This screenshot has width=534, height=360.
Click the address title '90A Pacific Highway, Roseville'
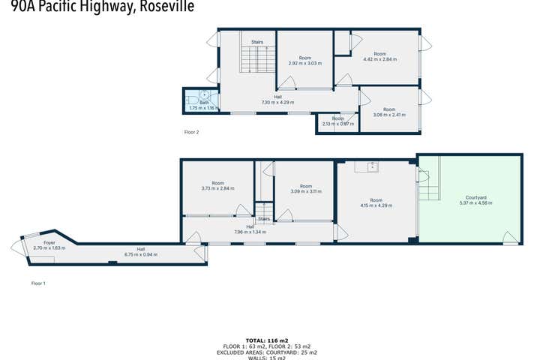[x=97, y=7]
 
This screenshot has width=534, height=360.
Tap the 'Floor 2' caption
[x=192, y=132]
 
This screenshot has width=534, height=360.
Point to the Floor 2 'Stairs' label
[x=257, y=43]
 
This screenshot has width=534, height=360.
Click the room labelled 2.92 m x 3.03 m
[x=304, y=61]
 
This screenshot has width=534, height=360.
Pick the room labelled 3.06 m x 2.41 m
[x=389, y=112]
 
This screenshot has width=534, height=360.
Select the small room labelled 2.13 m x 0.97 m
[x=338, y=121]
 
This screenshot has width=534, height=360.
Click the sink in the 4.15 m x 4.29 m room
[x=371, y=166]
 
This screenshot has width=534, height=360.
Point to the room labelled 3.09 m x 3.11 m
[x=305, y=189]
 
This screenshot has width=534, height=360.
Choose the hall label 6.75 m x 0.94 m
[x=140, y=252]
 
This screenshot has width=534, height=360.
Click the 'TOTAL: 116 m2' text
[x=267, y=340]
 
